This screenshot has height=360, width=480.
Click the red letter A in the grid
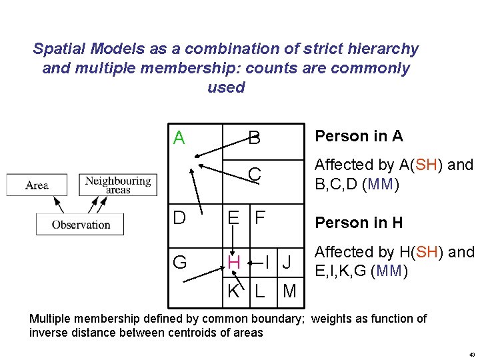179,138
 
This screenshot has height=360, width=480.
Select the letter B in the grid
254,139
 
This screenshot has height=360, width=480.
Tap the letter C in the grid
254,175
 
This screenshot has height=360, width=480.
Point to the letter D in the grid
179,218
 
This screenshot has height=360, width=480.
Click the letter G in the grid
179,263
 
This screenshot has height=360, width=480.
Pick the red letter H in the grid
233,263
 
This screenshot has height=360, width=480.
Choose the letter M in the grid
289,291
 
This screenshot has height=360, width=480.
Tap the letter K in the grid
233,291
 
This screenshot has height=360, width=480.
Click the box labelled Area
37,185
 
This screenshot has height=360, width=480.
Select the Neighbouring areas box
117,185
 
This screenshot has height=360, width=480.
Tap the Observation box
80,224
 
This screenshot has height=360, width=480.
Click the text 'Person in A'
359,136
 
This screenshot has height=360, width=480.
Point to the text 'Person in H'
359,222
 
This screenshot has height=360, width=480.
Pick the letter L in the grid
260,291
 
